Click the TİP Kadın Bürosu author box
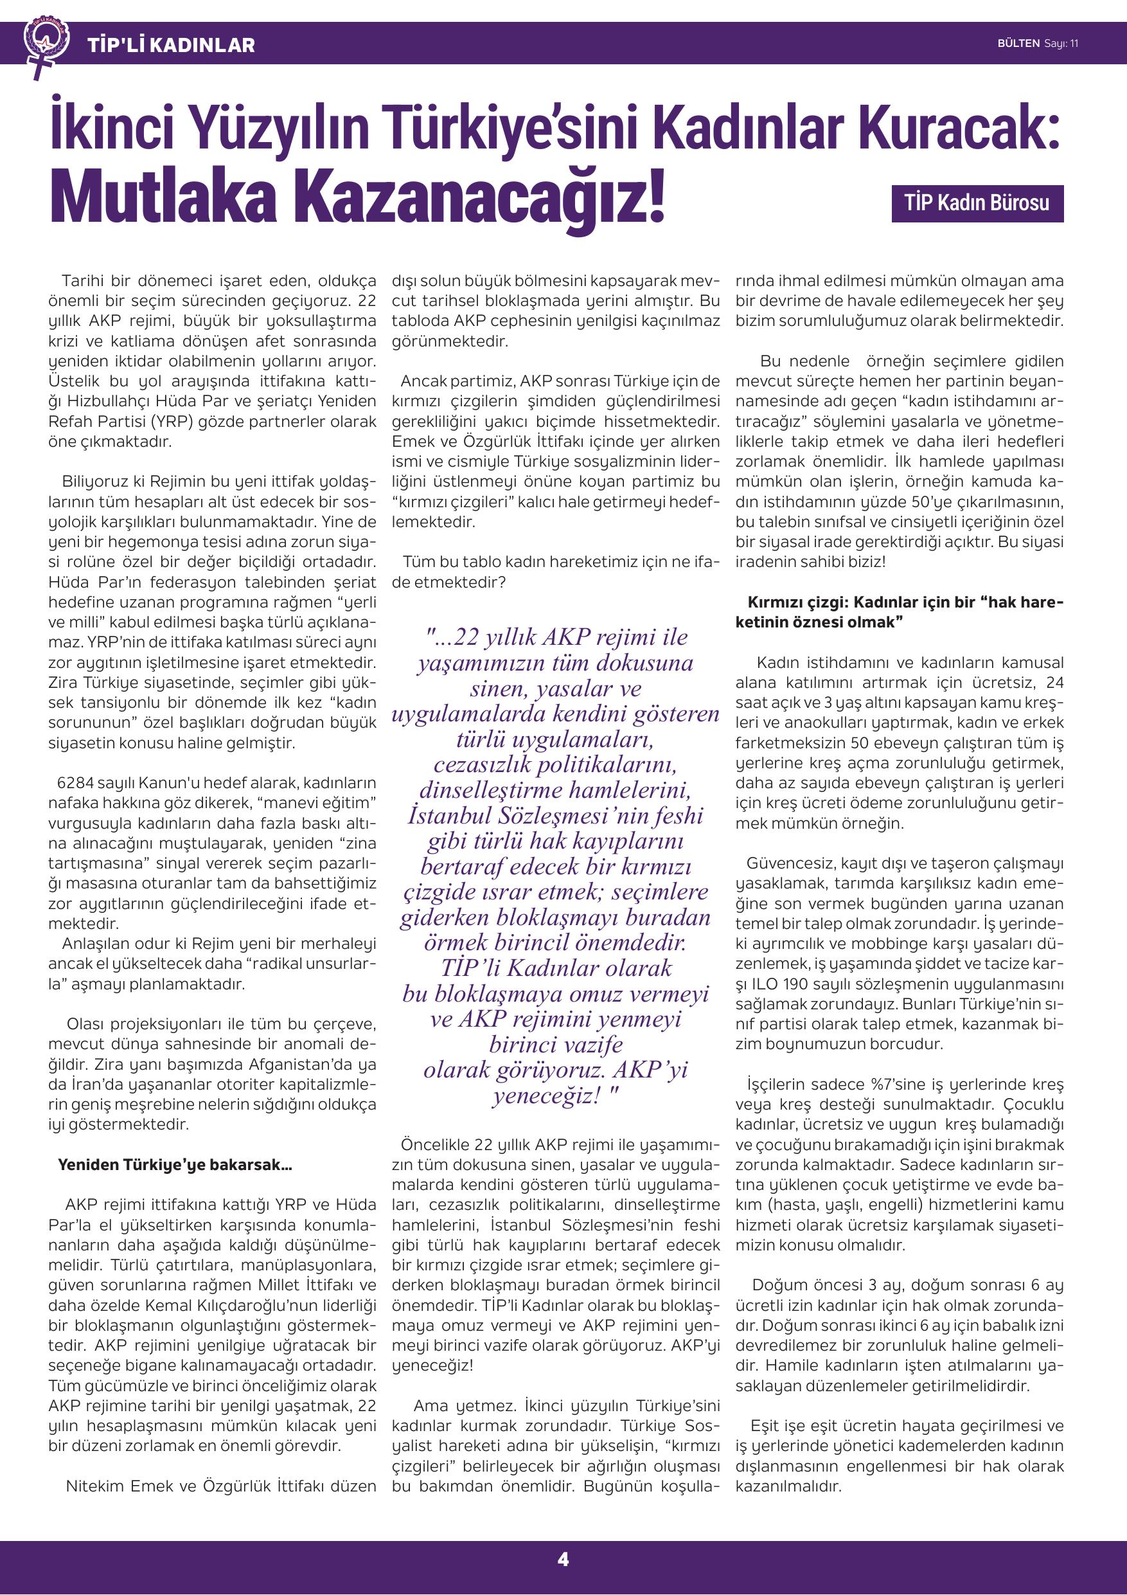coord(977,204)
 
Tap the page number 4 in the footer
coord(563,1559)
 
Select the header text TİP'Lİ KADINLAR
coord(171,46)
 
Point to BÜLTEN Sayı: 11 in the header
coord(1038,44)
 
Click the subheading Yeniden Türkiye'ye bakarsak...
coord(175,1164)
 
